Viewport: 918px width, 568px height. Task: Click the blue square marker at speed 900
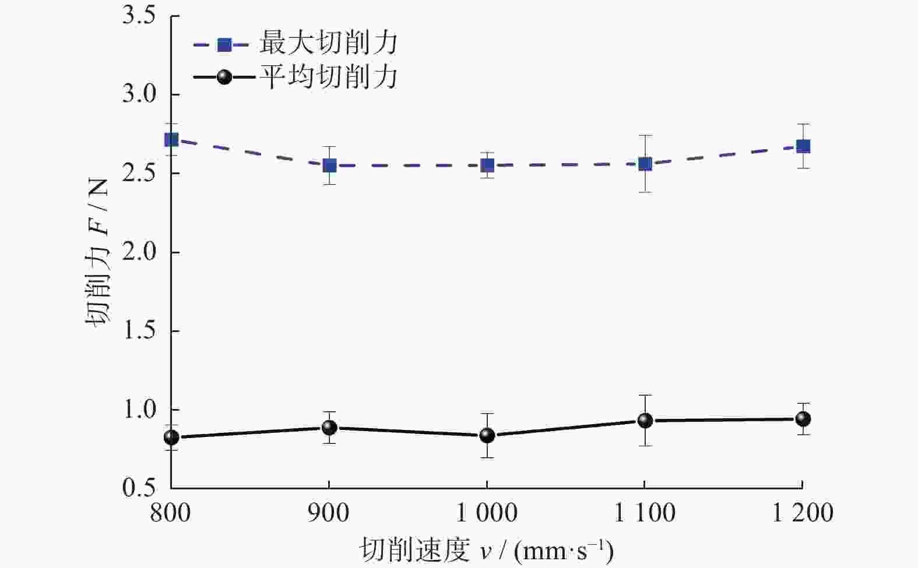[329, 166]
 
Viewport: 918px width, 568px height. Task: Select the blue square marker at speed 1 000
[487, 165]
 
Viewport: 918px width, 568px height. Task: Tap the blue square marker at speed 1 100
[645, 164]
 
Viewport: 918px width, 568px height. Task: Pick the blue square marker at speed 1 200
[803, 146]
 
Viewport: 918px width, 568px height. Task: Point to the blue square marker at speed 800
[171, 140]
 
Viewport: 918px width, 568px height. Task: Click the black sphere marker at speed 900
[329, 428]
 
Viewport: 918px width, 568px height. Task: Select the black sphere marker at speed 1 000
[487, 435]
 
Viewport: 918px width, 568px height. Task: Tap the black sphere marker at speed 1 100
[645, 420]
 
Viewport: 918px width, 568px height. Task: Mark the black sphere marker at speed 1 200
[803, 419]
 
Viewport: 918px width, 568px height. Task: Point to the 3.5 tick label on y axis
[138, 16]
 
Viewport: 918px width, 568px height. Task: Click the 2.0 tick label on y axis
[138, 252]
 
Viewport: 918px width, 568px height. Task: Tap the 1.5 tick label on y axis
[138, 331]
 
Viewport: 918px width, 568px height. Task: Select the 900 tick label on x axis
[329, 513]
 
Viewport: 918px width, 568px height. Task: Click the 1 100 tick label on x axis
[645, 513]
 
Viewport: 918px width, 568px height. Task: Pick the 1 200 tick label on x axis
[803, 513]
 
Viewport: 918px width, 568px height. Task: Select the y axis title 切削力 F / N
[97, 252]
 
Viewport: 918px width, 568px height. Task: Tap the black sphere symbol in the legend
[224, 77]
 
